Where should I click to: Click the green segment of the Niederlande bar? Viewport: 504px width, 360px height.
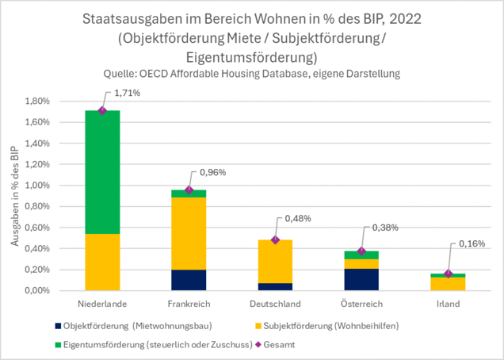click(103, 172)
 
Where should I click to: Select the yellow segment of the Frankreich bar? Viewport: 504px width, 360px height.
click(189, 233)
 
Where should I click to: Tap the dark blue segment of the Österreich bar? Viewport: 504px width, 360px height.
click(362, 279)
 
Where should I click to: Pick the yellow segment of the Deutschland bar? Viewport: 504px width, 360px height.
click(275, 261)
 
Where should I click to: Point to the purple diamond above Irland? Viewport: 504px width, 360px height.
click(449, 274)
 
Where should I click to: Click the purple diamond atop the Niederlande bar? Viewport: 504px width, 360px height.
click(102, 111)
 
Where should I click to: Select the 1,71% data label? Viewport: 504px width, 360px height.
click(128, 94)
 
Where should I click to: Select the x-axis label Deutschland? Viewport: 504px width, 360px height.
click(275, 304)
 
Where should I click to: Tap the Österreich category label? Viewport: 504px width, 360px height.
click(362, 304)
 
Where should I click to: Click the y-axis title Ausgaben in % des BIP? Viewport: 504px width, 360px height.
click(17, 196)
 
